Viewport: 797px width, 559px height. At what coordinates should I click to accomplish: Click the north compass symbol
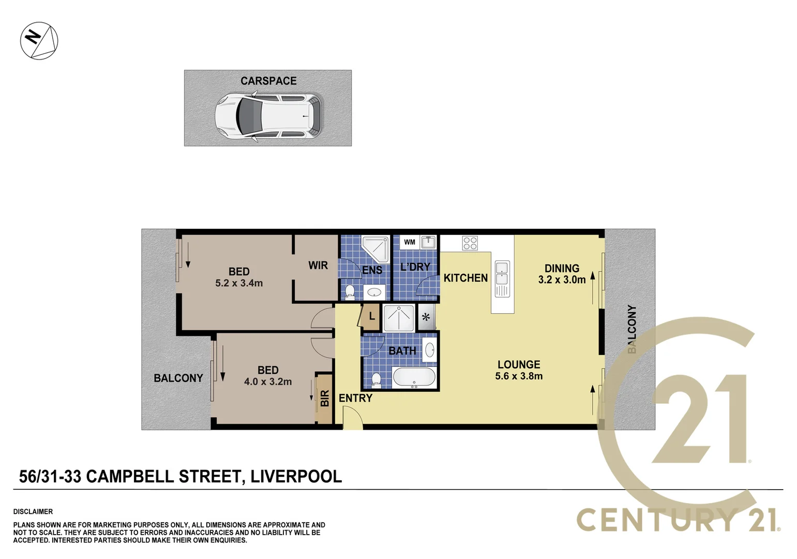(x=39, y=40)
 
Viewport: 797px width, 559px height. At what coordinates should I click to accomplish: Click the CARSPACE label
(x=268, y=81)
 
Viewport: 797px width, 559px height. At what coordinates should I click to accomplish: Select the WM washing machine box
(x=410, y=242)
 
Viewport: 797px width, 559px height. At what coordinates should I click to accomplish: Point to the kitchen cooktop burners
(x=470, y=243)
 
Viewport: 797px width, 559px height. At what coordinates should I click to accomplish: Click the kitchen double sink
(x=502, y=278)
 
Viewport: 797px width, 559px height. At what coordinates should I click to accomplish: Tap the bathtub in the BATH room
(x=414, y=377)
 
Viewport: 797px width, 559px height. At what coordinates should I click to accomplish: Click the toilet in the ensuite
(x=350, y=292)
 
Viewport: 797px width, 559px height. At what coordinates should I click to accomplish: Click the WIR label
(x=318, y=266)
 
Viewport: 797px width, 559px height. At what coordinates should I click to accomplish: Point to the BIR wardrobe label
(x=325, y=398)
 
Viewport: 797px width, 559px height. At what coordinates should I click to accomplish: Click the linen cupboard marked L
(x=371, y=316)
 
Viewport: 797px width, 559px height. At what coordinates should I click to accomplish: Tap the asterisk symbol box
(x=426, y=317)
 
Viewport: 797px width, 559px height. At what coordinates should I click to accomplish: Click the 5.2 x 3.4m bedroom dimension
(x=239, y=283)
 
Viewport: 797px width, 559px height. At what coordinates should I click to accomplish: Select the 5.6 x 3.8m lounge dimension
(x=519, y=376)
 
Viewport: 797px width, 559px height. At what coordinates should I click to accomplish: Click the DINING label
(x=562, y=268)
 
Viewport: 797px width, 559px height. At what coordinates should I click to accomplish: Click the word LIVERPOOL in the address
(x=296, y=476)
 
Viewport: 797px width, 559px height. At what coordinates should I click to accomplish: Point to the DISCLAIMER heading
(x=33, y=511)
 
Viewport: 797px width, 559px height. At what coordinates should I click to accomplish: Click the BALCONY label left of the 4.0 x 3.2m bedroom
(x=178, y=378)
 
